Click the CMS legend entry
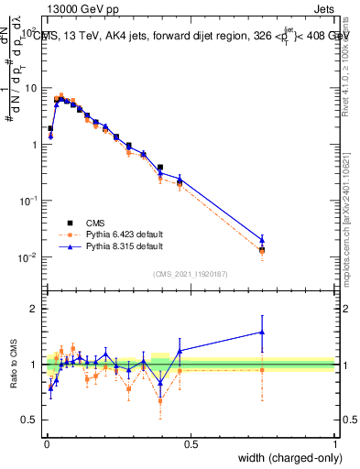(95, 223)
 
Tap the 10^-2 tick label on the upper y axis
(27, 257)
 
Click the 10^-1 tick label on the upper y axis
(27, 201)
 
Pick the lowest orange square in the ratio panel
(160, 401)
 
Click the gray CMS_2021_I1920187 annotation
(190, 274)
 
